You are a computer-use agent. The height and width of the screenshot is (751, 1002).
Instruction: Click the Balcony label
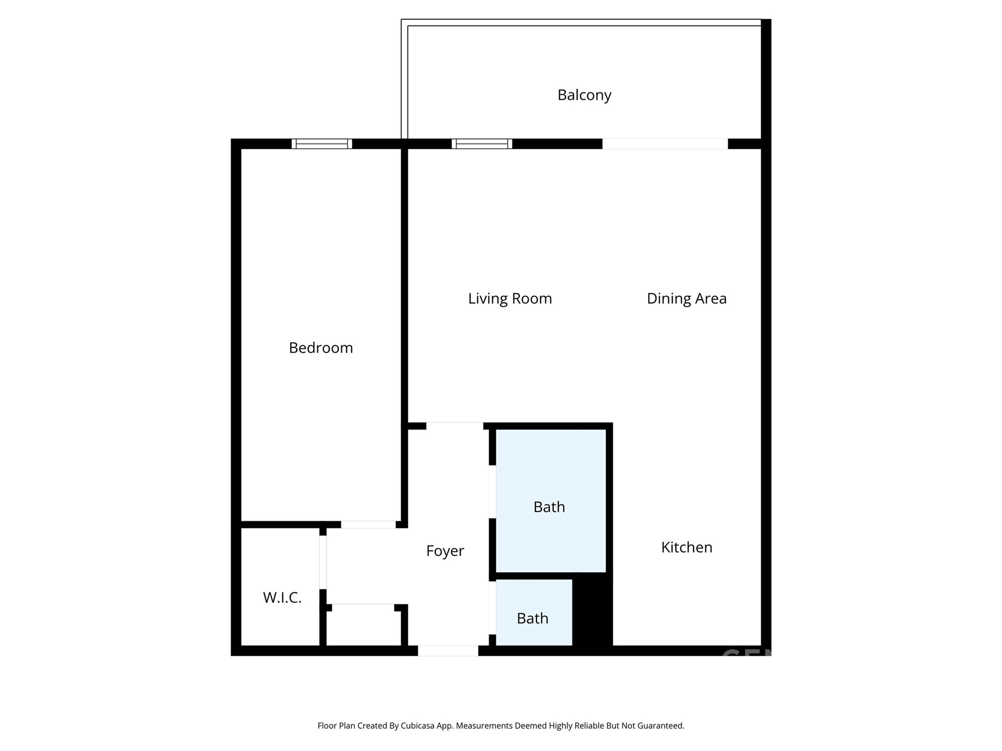[x=584, y=95]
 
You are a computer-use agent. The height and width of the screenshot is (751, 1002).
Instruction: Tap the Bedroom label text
[x=321, y=348]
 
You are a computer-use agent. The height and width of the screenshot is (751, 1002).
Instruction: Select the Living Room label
[x=510, y=299]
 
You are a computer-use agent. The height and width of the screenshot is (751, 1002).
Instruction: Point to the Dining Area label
[x=687, y=299]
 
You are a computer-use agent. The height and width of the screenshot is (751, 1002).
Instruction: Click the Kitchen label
[x=687, y=547]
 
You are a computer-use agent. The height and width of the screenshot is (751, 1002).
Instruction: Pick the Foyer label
[x=445, y=551]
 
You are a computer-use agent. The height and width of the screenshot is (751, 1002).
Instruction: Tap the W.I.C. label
[x=282, y=598]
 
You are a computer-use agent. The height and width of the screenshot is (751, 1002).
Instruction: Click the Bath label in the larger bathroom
[x=549, y=507]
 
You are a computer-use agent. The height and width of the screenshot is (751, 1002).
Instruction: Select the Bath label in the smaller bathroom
[x=532, y=619]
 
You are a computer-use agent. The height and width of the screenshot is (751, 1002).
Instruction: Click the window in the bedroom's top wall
[x=322, y=144]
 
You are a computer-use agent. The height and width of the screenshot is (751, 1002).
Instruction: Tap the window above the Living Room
[x=482, y=144]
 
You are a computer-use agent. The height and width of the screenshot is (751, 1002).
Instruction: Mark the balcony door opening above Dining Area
[x=665, y=144]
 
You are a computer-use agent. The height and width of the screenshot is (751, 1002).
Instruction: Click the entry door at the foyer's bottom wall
[x=448, y=651]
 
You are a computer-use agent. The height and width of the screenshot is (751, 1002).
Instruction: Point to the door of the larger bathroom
[x=492, y=492]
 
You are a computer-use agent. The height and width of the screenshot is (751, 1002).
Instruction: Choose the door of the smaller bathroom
[x=492, y=608]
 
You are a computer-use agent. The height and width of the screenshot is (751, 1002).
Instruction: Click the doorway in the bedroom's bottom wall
[x=368, y=525]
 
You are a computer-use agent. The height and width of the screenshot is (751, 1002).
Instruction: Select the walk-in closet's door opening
[x=323, y=562]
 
